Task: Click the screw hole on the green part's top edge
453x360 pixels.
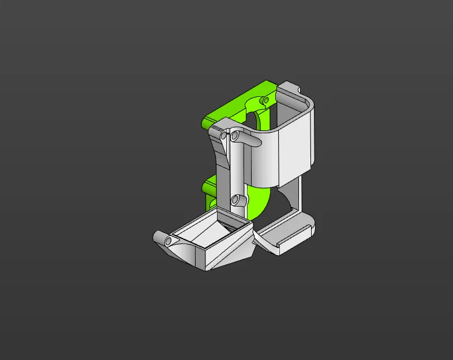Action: pyautogui.click(x=265, y=100)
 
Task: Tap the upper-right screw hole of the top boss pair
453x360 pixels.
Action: pyautogui.click(x=235, y=136)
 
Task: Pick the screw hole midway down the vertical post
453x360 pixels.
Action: pyautogui.click(x=235, y=200)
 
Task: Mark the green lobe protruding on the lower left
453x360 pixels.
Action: pyautogui.click(x=208, y=187)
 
